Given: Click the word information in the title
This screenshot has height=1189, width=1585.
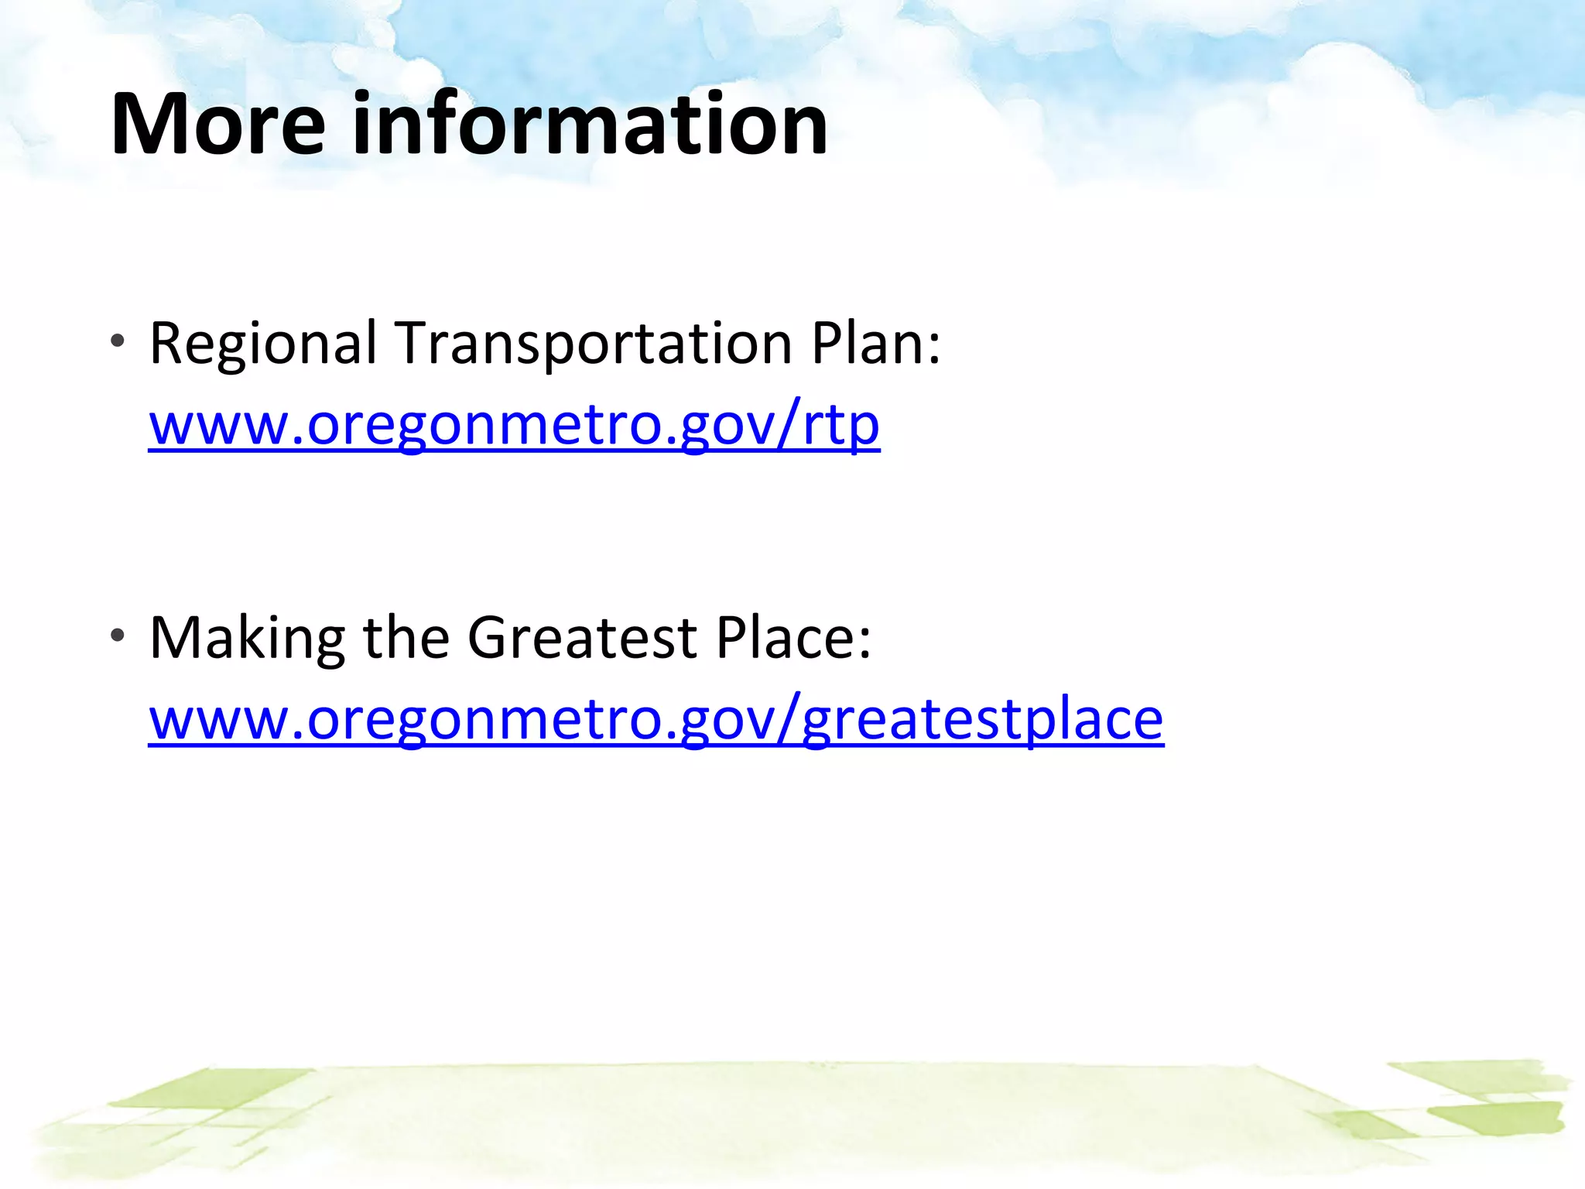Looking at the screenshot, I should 590,124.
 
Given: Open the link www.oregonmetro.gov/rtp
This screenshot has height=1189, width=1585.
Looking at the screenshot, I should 514,426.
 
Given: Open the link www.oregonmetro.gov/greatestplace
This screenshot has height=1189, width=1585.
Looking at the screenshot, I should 656,720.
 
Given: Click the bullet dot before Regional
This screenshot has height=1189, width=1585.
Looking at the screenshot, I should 117,341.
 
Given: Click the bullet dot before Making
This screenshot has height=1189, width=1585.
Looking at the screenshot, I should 117,636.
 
